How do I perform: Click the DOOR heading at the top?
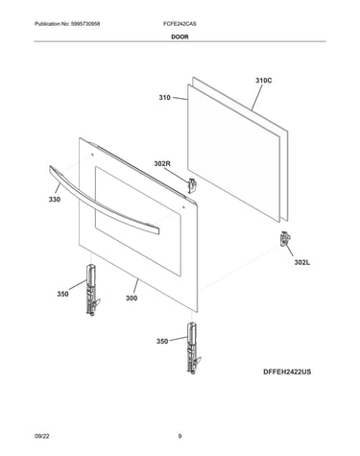pos(180,36)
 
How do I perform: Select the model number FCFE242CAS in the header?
pos(180,24)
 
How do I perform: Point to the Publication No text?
pos(67,24)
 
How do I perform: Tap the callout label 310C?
pos(264,81)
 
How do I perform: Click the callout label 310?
pos(165,97)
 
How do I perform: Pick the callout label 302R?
pos(162,164)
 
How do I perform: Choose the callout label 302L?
pos(302,263)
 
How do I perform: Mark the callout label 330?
pos(55,200)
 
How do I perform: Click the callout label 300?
pos(132,298)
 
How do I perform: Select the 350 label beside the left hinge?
pos(62,294)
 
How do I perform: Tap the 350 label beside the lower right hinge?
pos(162,342)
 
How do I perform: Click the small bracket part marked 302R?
pos(192,185)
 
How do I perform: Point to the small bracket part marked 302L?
pos(284,239)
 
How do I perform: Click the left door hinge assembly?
pos(92,290)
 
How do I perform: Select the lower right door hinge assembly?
pos(193,348)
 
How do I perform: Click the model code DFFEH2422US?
pos(287,372)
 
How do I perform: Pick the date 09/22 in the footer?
pos(41,436)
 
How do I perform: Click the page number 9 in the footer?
pos(180,436)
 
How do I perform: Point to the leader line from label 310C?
pos(257,98)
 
